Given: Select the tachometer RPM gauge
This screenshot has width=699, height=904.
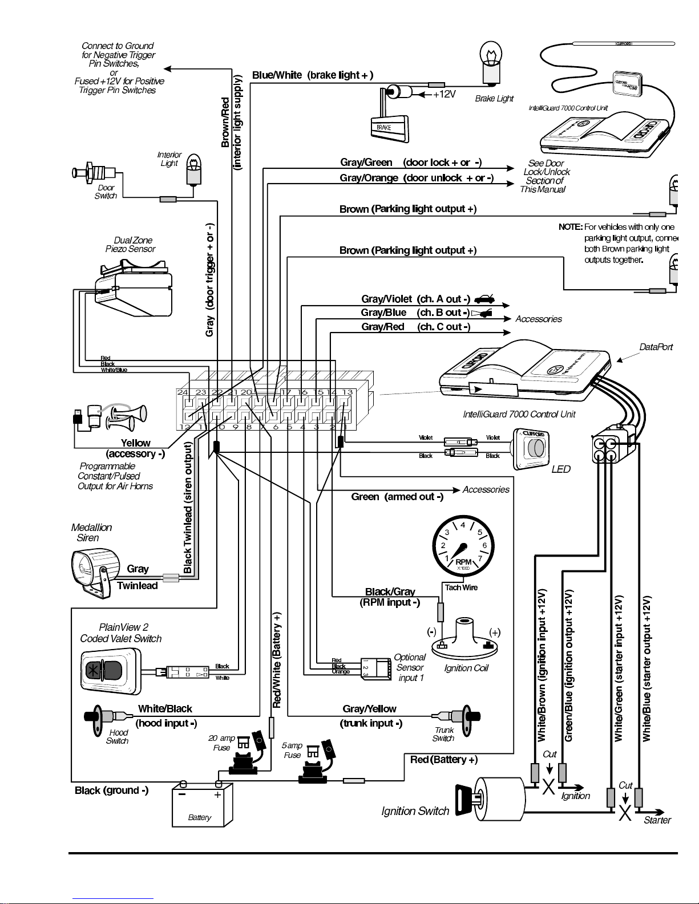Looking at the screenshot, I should (x=463, y=546).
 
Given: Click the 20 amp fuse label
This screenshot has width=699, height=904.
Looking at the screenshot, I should (x=221, y=743).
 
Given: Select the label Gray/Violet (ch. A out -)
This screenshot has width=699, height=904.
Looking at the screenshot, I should (x=415, y=299).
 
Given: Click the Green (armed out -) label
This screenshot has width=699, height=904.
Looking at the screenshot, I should (x=397, y=497).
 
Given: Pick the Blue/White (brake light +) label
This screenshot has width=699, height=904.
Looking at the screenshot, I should (x=313, y=75).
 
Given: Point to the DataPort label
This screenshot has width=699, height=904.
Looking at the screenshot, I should (x=656, y=347).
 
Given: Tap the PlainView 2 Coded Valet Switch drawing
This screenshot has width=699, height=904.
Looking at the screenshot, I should (x=110, y=671).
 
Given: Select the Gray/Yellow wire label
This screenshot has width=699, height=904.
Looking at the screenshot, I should (x=369, y=709).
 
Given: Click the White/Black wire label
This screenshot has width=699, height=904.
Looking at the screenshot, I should (x=165, y=709).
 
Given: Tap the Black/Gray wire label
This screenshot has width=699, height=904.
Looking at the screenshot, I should (x=390, y=591).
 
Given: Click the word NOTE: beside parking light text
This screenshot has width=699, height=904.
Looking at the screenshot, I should (x=570, y=227).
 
